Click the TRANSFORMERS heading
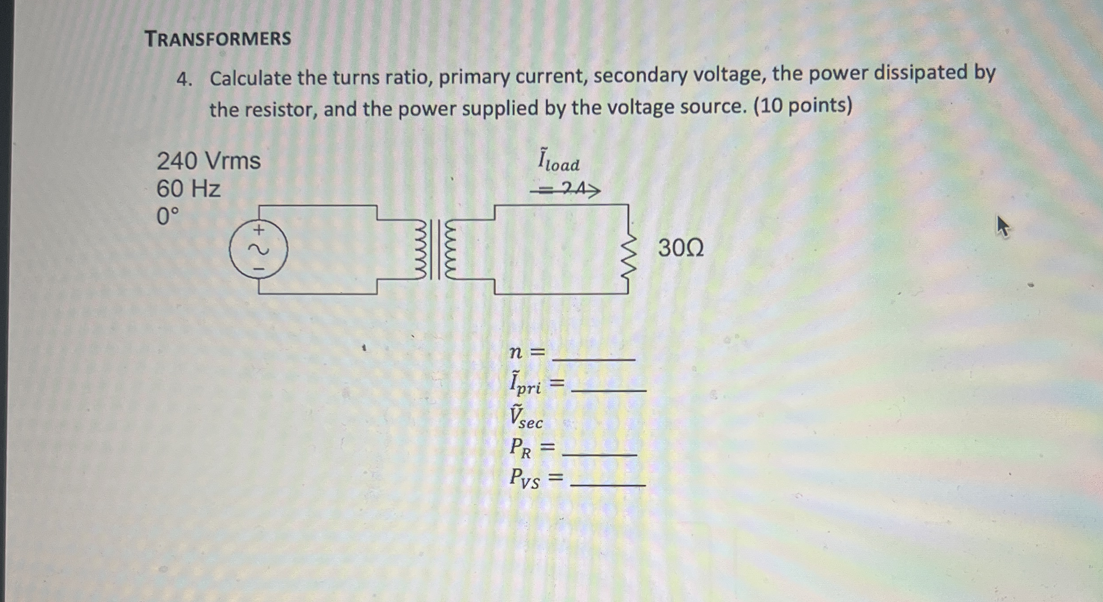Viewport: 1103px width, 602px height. (218, 39)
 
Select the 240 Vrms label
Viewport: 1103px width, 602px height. (208, 161)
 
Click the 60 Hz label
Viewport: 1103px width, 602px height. (188, 189)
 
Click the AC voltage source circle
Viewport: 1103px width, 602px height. (259, 250)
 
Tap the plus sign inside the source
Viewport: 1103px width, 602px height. (259, 230)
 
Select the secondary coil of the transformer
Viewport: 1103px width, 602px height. (451, 251)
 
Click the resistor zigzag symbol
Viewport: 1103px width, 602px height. (628, 256)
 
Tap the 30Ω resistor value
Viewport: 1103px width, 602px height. (681, 248)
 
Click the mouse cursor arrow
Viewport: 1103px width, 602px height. (1003, 226)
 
